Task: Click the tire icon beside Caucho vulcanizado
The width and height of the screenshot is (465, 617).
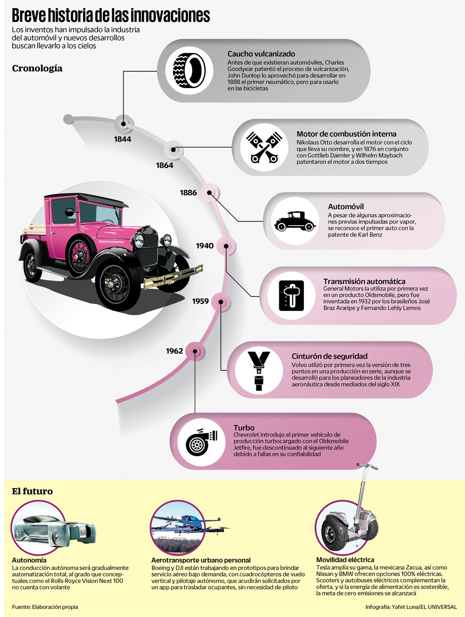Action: [189, 70]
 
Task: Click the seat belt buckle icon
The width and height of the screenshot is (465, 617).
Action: [259, 370]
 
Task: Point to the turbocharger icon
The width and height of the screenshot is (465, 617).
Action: [200, 442]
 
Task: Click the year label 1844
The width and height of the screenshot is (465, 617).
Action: [123, 139]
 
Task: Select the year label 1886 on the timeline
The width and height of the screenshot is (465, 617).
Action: [188, 193]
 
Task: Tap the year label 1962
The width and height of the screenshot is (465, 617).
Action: [174, 351]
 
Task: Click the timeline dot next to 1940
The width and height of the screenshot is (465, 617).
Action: [226, 246]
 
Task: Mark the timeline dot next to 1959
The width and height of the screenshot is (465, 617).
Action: [221, 301]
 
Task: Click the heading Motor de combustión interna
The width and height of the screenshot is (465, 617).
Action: [346, 134]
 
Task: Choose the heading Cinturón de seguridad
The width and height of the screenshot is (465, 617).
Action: [329, 356]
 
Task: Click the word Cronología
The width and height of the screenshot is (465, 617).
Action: [37, 69]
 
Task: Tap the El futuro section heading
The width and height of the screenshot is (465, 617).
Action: [32, 491]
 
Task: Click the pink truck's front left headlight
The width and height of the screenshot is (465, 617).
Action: [139, 241]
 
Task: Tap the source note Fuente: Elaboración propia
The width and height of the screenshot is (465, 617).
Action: [45, 607]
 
